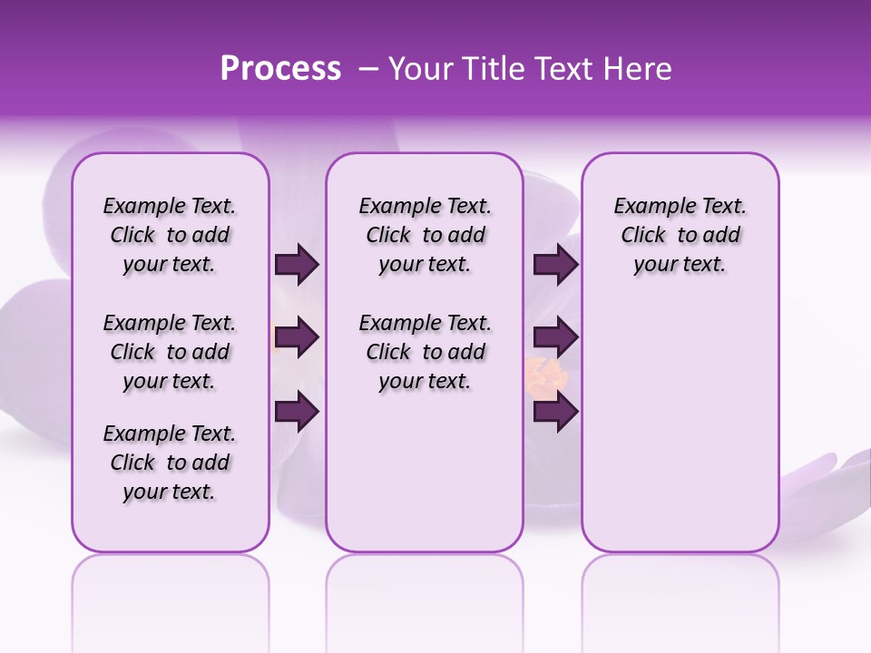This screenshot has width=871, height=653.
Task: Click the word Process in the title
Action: (280, 69)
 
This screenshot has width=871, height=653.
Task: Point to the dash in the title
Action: (367, 69)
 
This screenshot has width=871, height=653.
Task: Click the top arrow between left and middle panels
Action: (297, 264)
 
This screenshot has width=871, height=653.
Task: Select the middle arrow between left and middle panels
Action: (297, 337)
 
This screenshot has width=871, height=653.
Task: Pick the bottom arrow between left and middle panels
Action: (297, 412)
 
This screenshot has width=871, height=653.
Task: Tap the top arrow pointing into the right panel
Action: (555, 264)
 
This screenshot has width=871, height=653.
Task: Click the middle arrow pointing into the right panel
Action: (555, 337)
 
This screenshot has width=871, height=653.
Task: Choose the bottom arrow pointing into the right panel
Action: (555, 412)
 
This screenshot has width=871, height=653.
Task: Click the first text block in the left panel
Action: (170, 235)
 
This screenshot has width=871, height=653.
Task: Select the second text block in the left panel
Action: (170, 352)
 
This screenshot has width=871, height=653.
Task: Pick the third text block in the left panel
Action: (170, 463)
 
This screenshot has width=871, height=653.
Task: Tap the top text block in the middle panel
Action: (425, 235)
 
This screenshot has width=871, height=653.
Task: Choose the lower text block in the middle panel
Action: (425, 352)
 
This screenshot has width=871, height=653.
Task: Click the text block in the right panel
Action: (680, 235)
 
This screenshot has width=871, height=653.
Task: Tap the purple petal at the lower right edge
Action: (830, 476)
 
